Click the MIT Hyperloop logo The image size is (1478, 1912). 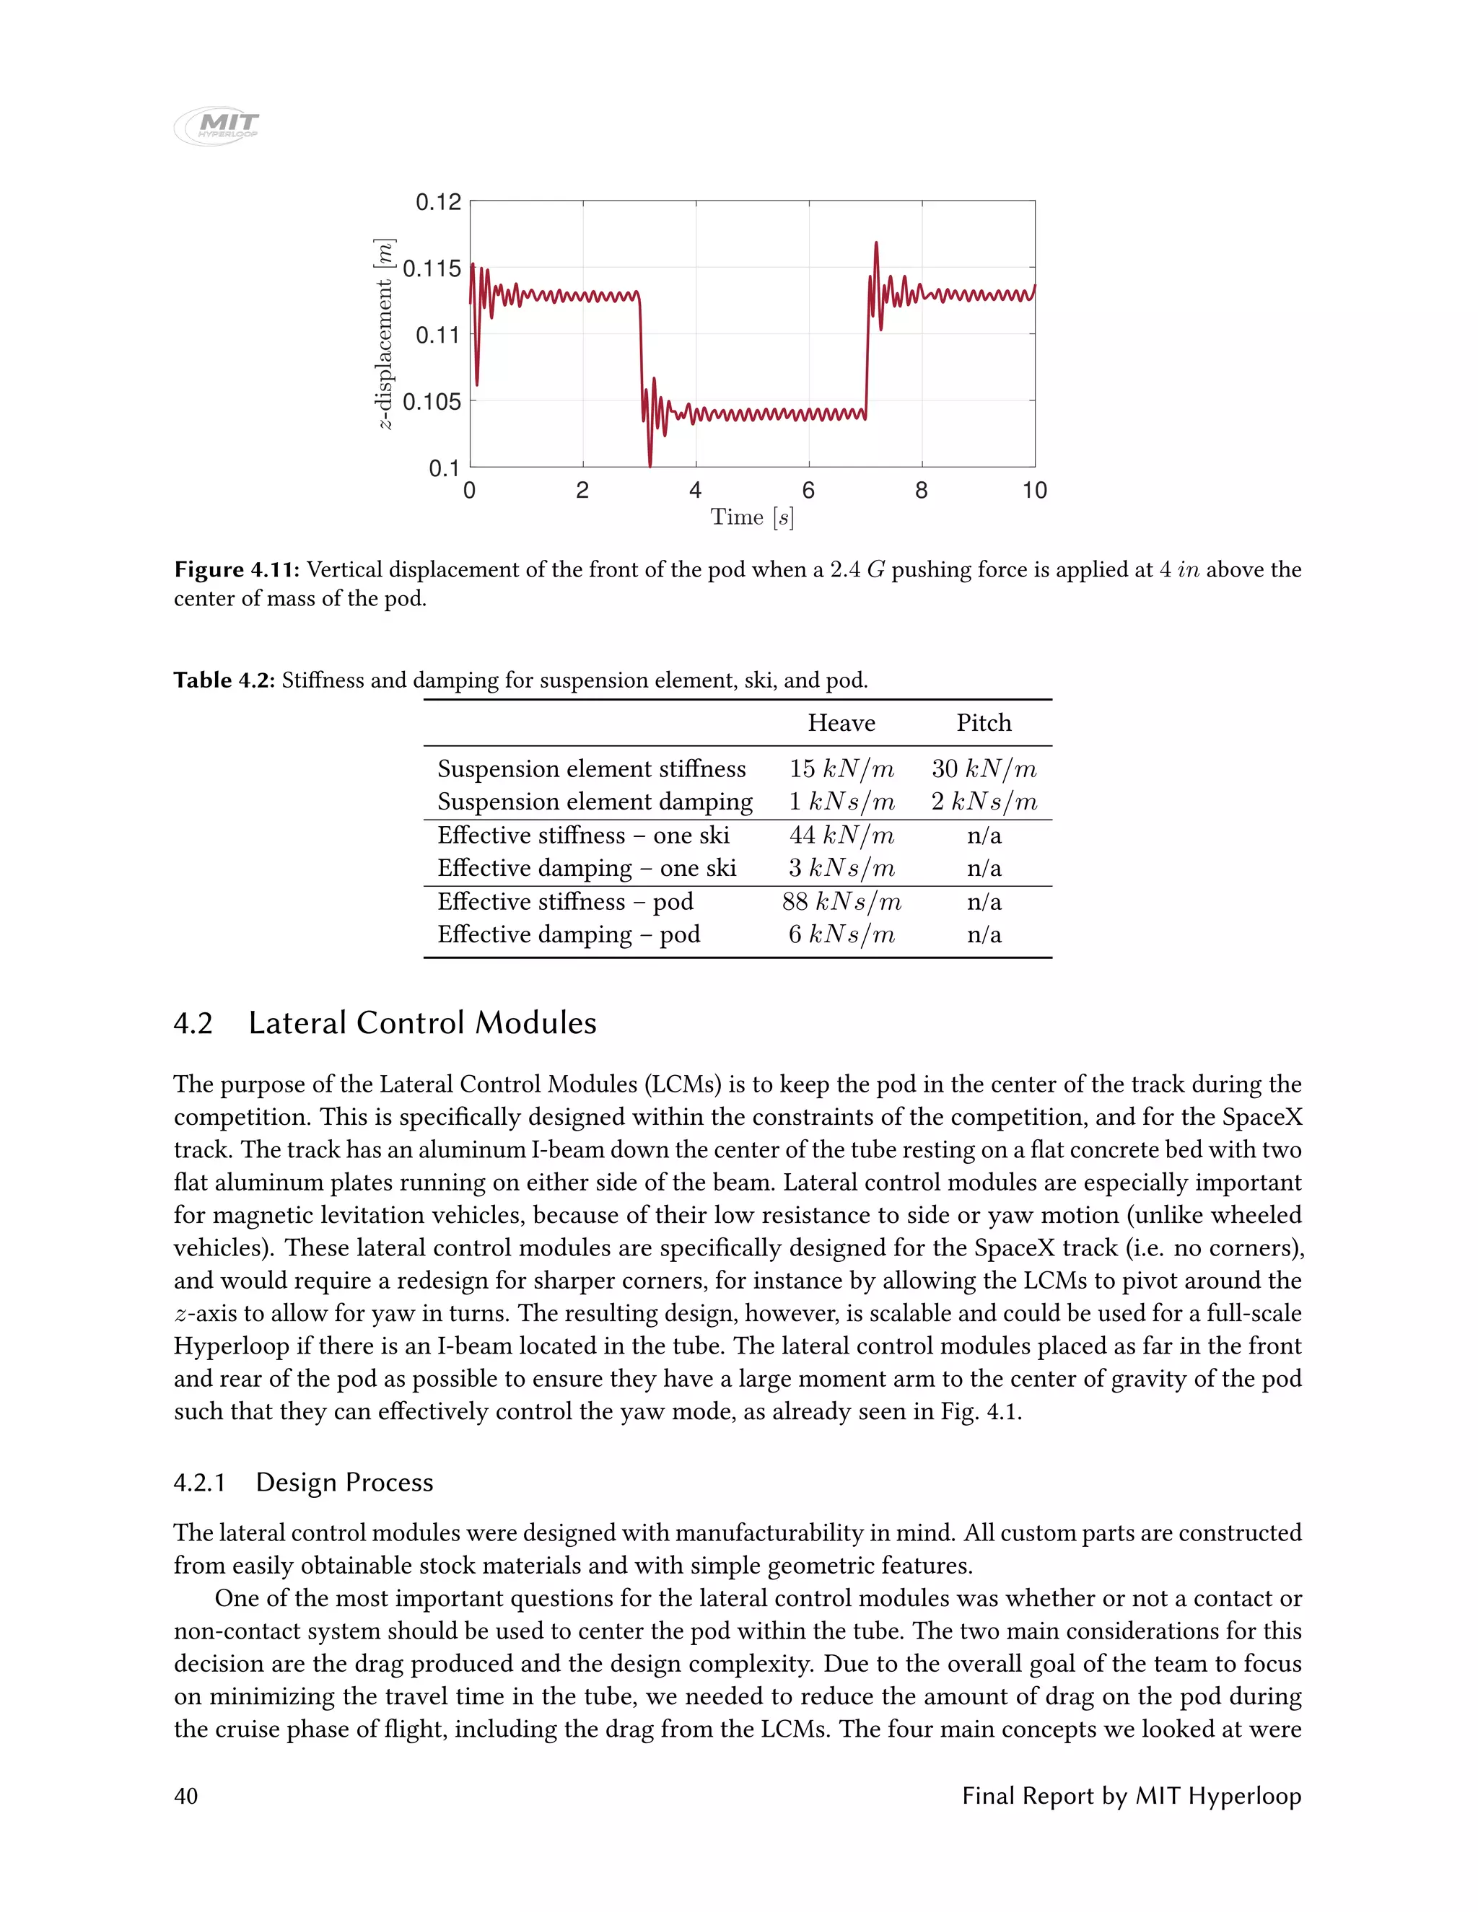pos(217,126)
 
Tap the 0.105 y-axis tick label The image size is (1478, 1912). pos(431,402)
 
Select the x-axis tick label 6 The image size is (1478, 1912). pos(808,490)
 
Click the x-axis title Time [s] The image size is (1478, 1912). pos(752,517)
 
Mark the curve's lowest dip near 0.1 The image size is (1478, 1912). pos(650,465)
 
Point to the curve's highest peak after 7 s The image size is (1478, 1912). pos(876,245)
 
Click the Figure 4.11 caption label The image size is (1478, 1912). pos(237,570)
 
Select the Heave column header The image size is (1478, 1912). pos(841,723)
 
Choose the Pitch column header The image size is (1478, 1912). pos(984,723)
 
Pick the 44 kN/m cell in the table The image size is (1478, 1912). pos(841,836)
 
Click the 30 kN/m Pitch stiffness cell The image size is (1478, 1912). pos(984,768)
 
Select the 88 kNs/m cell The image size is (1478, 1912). pos(841,901)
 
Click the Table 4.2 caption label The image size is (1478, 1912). pos(224,680)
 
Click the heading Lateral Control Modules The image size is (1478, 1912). pos(422,1022)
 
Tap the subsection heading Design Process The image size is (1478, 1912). pos(344,1482)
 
